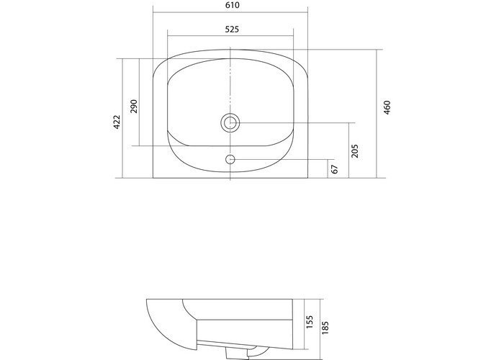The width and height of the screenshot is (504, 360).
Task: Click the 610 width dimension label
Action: tap(230, 5)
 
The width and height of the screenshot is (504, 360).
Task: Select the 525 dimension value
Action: tap(230, 30)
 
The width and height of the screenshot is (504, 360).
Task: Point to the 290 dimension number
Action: tap(133, 107)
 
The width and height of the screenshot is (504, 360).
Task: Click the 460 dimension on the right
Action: tap(387, 109)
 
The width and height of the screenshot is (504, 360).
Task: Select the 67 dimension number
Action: tap(335, 168)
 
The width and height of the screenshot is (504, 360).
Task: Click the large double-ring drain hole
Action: tap(230, 122)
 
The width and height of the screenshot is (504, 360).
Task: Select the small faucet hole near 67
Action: tap(230, 159)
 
